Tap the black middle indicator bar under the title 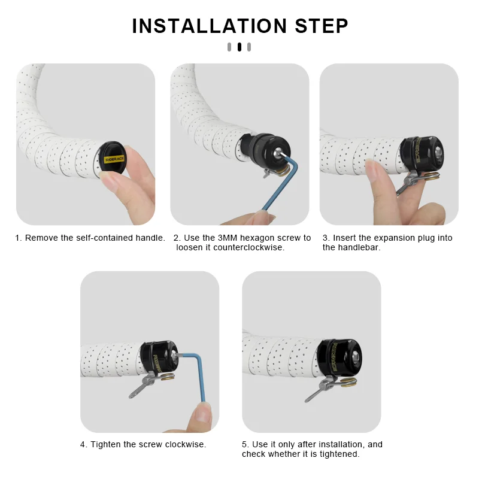click(x=239, y=47)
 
